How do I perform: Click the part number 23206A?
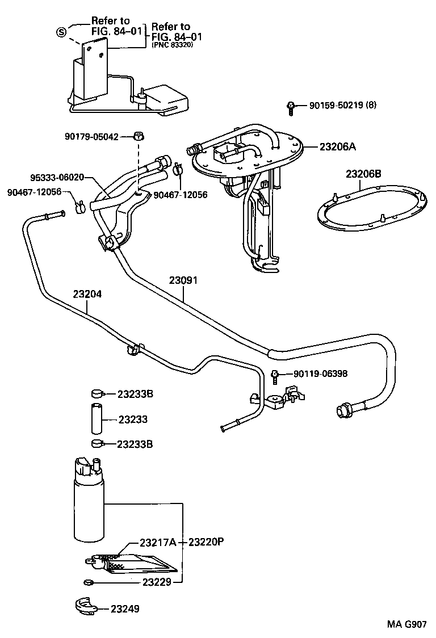(337, 146)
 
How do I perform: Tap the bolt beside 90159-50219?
(291, 107)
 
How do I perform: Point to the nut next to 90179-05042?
(139, 136)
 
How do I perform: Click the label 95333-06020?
(57, 177)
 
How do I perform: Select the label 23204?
(87, 295)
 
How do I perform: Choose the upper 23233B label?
(135, 393)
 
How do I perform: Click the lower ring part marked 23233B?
(96, 443)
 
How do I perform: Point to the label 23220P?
(206, 542)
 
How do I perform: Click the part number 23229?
(157, 582)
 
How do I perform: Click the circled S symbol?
(60, 31)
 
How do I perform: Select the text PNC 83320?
(173, 45)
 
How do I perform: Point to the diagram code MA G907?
(406, 624)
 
